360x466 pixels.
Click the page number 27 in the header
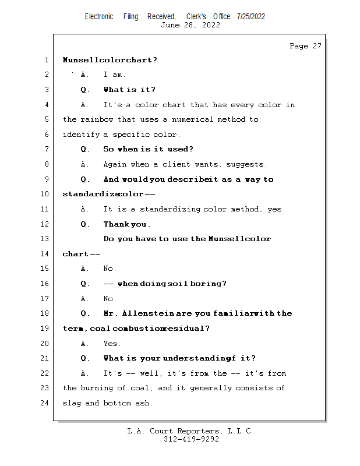tap(317, 46)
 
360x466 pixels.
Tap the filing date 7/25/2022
tap(251, 16)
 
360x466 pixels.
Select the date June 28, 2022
tap(190, 25)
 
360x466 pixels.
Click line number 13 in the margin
tap(45, 239)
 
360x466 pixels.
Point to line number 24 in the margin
tap(45, 403)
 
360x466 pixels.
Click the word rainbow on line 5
tap(97, 119)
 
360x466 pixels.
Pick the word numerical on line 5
tap(193, 119)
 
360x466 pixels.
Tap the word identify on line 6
tap(81, 135)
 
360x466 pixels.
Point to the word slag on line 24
tap(72, 403)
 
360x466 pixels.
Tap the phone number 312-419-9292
tap(191, 439)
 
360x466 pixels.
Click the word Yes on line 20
tap(112, 344)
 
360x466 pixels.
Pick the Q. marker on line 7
tap(85, 149)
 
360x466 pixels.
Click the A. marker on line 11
tap(84, 209)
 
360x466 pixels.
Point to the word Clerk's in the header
tap(196, 16)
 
